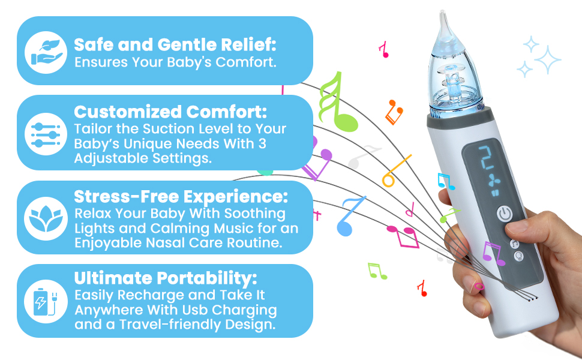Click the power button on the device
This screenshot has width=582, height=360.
tap(503, 213)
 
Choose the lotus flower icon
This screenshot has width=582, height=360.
tap(46, 218)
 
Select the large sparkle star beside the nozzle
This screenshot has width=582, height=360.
tap(546, 60)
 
